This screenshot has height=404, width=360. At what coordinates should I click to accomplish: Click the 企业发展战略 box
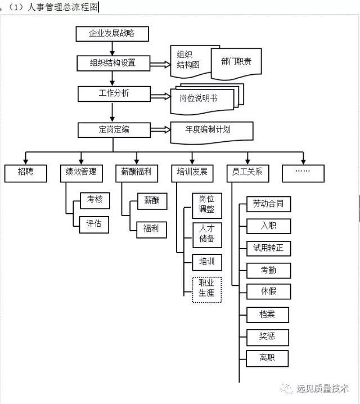[x=112, y=34]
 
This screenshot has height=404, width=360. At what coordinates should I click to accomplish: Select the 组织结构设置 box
[x=114, y=63]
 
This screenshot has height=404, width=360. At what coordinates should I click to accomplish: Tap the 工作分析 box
[x=114, y=93]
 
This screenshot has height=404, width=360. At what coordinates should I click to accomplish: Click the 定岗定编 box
[x=114, y=130]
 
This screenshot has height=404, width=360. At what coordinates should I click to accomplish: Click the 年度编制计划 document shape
[x=211, y=131]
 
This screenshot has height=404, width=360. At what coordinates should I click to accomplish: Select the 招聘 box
[x=26, y=173]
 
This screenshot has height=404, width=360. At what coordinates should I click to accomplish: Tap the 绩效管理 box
[x=81, y=173]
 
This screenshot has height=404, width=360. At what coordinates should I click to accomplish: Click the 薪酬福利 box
[x=136, y=173]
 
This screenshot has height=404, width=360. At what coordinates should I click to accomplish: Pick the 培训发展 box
[x=192, y=173]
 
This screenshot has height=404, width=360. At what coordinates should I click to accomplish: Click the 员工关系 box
[x=247, y=173]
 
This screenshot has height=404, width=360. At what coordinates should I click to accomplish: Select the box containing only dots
[x=303, y=173]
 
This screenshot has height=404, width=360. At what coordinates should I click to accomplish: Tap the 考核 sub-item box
[x=94, y=200]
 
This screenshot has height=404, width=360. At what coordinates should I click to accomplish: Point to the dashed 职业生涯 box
[x=207, y=289]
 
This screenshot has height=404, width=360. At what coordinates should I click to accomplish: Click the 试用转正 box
[x=268, y=248]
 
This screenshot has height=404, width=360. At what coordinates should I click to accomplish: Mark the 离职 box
[x=268, y=358]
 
